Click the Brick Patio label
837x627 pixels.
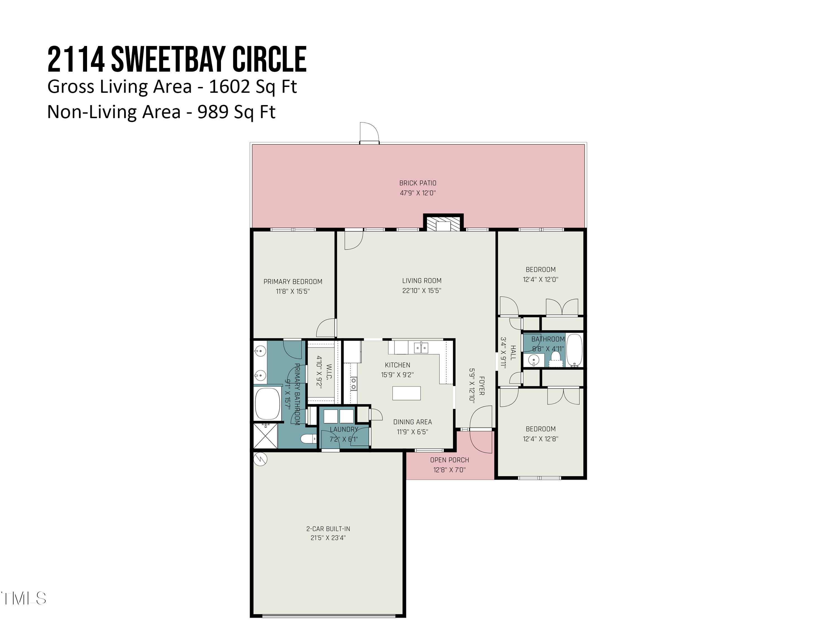coord(417,183)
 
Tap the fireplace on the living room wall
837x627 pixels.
coord(443,223)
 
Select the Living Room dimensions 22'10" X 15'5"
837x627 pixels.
coord(422,291)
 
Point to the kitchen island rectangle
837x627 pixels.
coord(407,393)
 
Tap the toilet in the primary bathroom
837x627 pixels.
coord(308,439)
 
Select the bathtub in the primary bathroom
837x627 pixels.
coord(268,404)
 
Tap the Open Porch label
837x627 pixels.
coord(449,460)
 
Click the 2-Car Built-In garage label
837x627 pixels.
coord(328,529)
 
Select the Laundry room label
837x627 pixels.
coord(343,429)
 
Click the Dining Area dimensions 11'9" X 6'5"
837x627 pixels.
coord(412,432)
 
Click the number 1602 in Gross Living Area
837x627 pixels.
coord(229,87)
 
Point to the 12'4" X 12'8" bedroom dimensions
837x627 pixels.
coord(540,439)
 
